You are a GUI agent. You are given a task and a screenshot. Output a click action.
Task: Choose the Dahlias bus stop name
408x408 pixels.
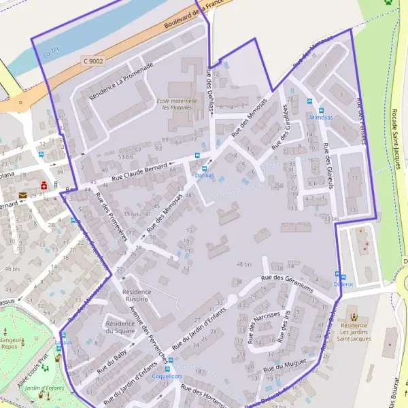pyautogui.click(x=204, y=175)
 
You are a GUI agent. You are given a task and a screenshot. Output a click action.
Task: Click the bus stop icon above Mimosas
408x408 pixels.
pyautogui.click(x=322, y=109)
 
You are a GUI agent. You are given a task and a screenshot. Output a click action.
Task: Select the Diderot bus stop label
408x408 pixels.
pyautogui.click(x=344, y=284)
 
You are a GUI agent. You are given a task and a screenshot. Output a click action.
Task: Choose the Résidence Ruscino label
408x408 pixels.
pyautogui.click(x=137, y=295)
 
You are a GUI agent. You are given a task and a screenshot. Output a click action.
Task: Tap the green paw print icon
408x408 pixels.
pyautogui.click(x=388, y=3)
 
